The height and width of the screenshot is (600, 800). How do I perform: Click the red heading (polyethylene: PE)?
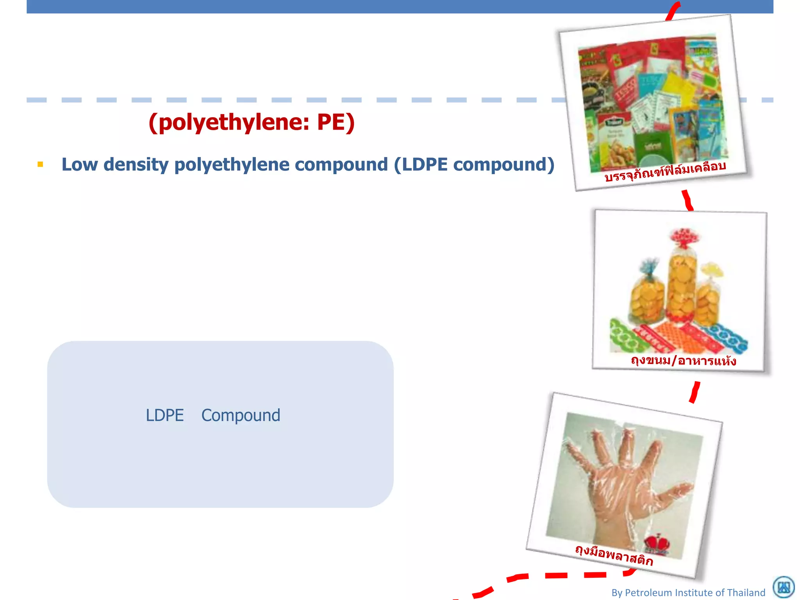[252, 122]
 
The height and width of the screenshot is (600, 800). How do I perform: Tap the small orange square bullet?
[40, 164]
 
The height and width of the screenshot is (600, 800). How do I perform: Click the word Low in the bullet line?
[79, 164]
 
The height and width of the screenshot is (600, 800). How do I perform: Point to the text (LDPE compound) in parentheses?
[474, 164]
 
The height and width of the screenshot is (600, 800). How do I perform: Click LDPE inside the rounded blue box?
[164, 415]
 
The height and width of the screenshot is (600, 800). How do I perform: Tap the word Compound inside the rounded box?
[241, 415]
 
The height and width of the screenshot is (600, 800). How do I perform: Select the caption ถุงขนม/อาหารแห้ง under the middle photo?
[683, 360]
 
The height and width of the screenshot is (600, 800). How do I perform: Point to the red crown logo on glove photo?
[657, 543]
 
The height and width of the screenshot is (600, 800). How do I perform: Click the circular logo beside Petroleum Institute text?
[784, 587]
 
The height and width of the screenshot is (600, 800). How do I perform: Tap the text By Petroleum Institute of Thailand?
[688, 593]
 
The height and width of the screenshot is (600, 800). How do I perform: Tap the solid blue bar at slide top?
[391, 6]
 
